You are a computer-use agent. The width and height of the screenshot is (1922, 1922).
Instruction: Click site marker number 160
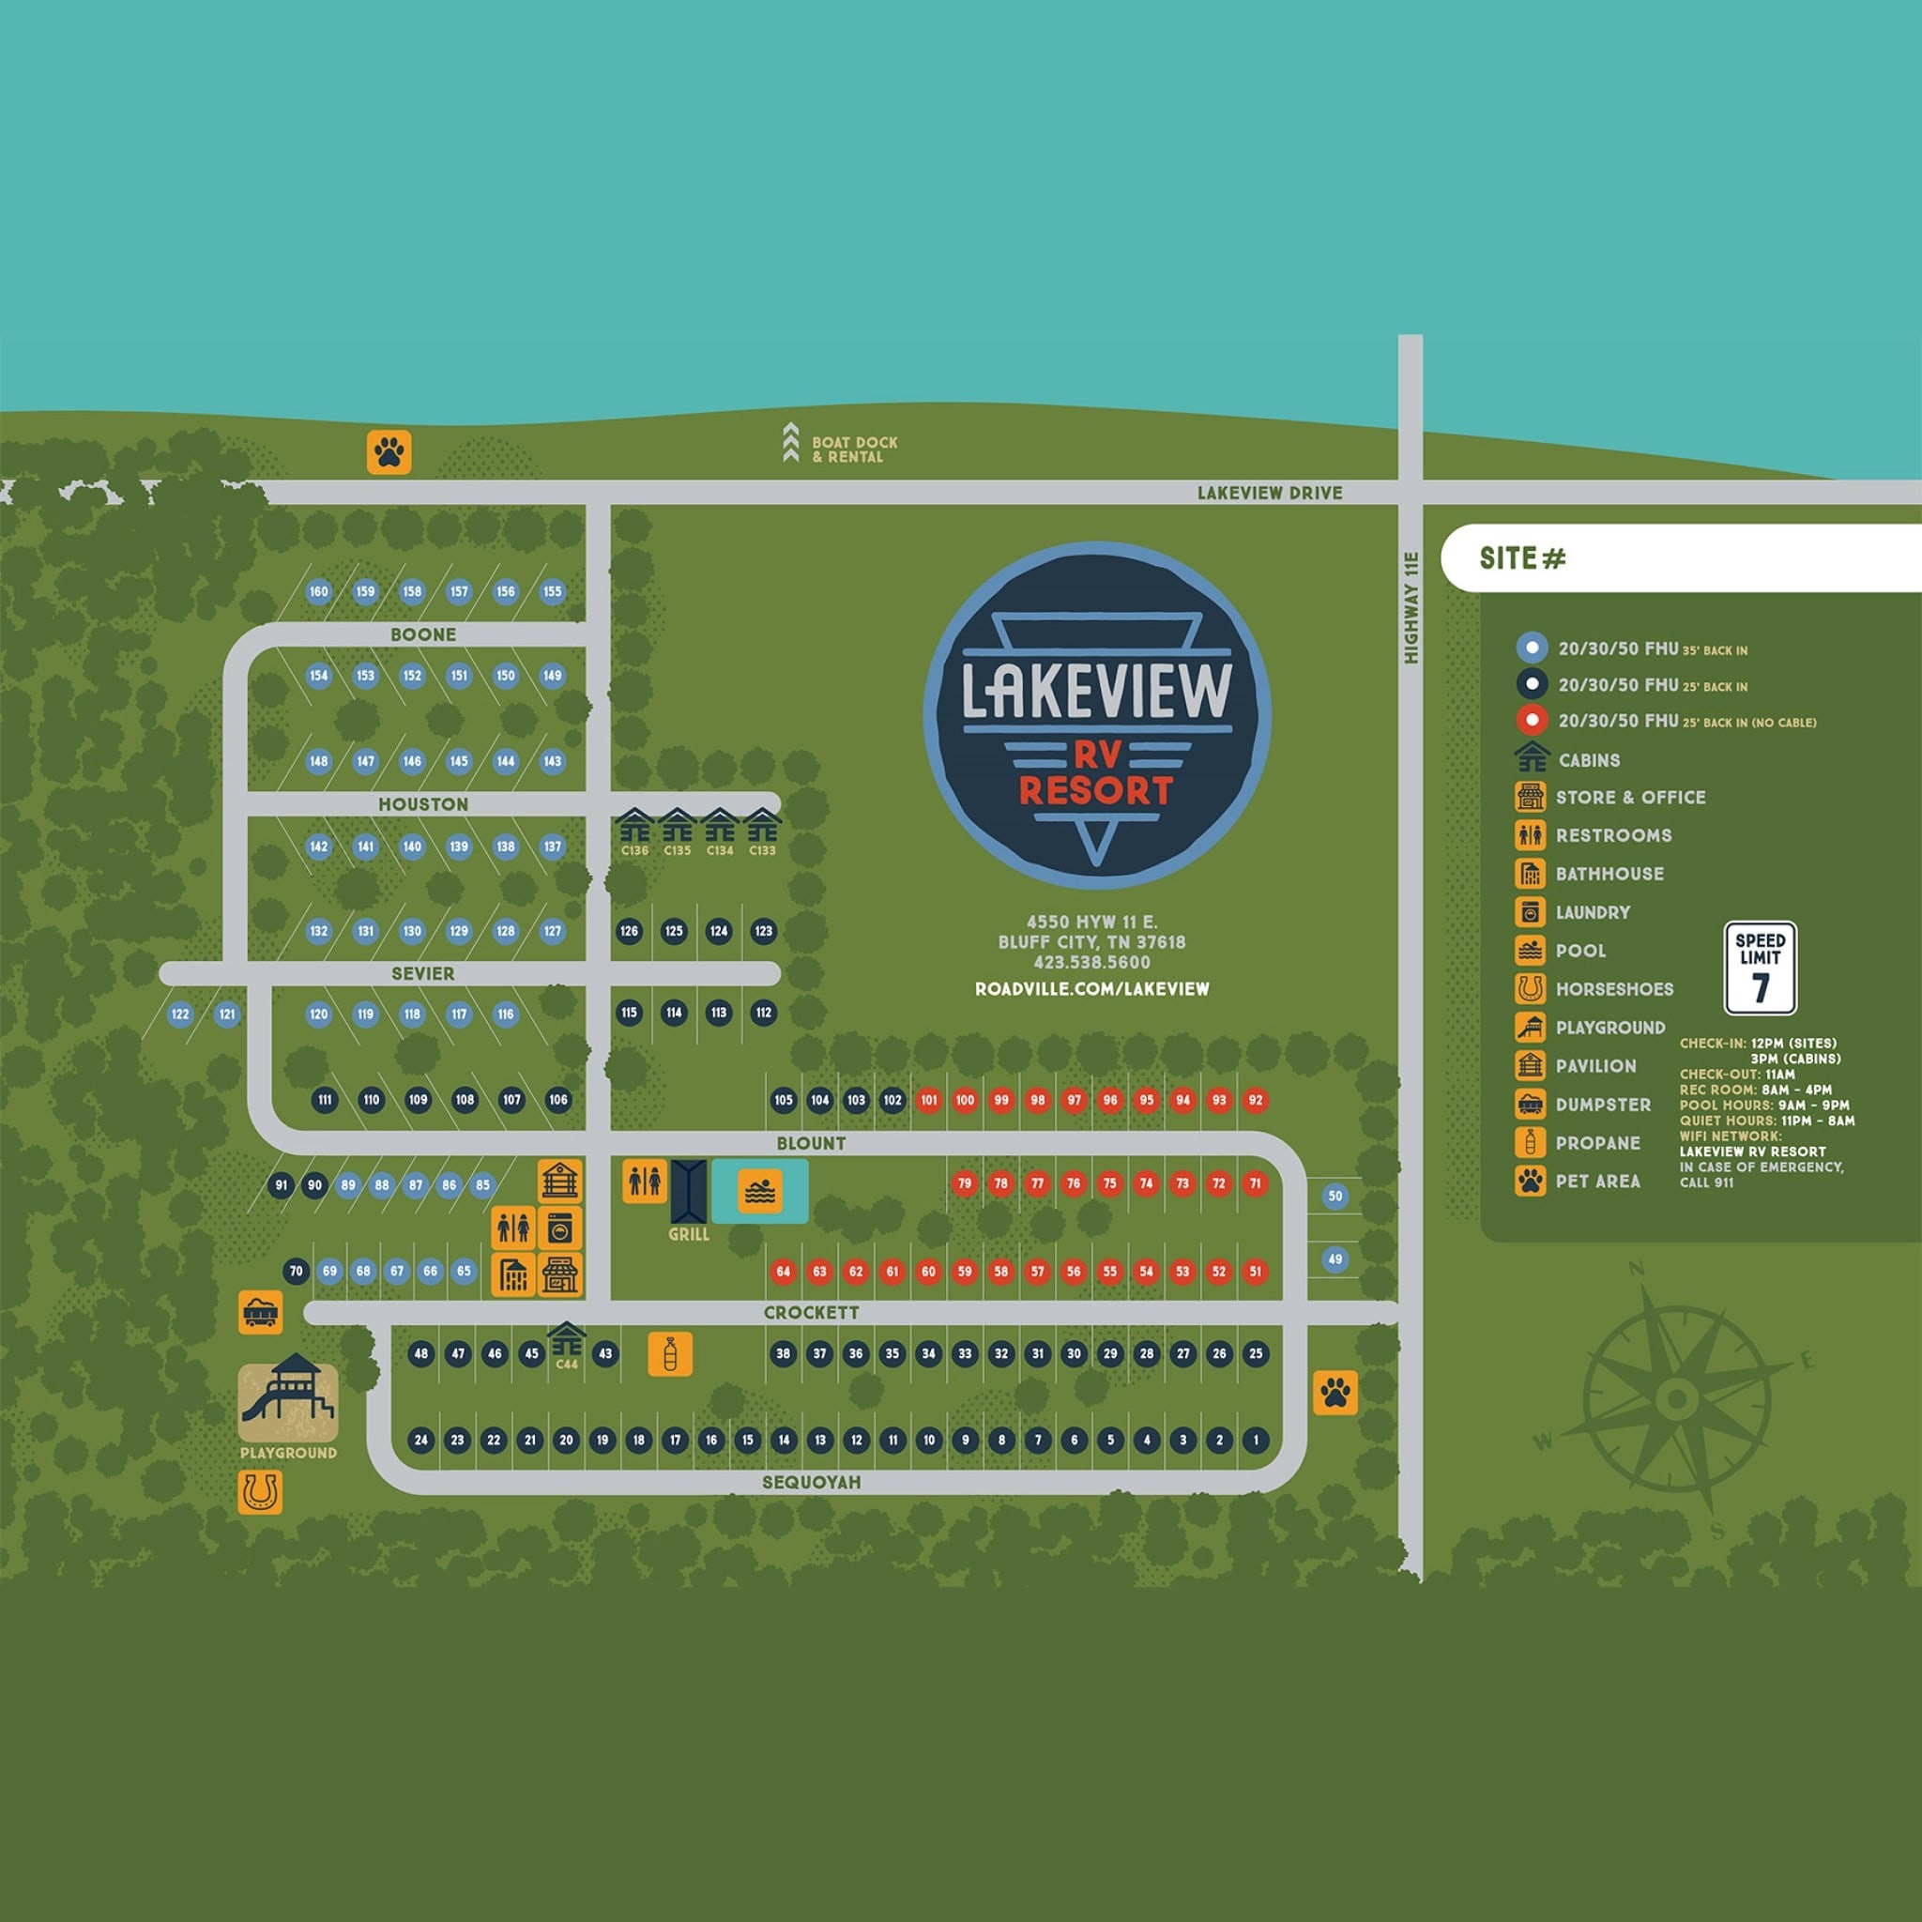coord(318,592)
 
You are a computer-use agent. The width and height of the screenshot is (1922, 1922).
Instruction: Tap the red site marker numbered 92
coord(1256,1100)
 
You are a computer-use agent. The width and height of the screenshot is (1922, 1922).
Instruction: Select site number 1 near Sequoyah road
coord(1256,1440)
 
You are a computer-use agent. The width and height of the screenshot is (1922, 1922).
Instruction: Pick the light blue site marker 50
coord(1335,1197)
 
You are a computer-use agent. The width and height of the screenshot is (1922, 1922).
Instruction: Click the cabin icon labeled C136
coord(634,827)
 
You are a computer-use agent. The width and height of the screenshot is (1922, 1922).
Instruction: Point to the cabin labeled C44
coord(566,1340)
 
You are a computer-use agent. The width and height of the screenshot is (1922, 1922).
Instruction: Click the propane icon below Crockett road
coord(669,1354)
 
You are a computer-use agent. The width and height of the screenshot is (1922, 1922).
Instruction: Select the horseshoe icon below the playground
coord(260,1492)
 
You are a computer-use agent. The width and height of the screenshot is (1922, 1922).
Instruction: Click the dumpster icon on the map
coord(261,1312)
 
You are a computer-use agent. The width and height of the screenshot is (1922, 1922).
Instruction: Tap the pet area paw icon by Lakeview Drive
coord(389,451)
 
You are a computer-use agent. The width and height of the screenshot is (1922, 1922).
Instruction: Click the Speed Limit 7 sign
coord(1760,968)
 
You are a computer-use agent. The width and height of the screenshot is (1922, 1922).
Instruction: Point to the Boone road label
coord(423,634)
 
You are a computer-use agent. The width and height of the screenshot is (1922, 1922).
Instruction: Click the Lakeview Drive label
coord(1270,494)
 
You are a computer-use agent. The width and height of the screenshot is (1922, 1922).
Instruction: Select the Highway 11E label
coord(1411,607)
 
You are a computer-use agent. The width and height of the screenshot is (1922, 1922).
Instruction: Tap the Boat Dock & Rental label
coord(854,450)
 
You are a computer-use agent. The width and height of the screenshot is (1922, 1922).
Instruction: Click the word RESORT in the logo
coord(1096,791)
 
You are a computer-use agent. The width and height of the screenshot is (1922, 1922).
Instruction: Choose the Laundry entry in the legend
coord(1592,912)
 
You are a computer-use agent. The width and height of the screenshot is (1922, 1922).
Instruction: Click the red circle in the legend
coord(1531,720)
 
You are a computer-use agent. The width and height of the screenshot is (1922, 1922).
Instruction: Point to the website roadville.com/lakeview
coord(1092,989)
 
